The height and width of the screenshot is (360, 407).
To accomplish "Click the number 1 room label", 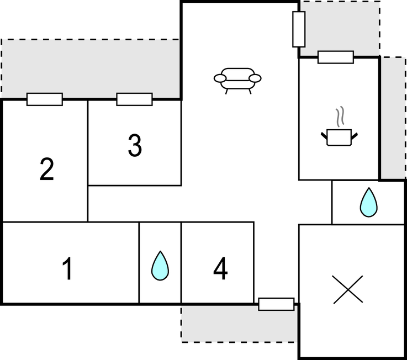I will point(67,269).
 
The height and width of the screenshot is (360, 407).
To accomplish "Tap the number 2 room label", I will point(47,170).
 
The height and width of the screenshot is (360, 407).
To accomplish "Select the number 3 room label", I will point(135,146).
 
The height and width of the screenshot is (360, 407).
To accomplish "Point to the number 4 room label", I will point(220,269).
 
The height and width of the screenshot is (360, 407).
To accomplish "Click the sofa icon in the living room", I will point(237,79).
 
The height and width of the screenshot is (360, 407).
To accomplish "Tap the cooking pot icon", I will point(339,136).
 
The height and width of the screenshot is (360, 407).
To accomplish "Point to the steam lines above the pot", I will point(341,116).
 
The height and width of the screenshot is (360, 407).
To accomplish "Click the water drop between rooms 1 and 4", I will point(160,266).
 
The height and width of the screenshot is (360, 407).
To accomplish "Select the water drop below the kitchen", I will point(368,202).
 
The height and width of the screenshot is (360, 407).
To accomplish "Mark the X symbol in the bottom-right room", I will point(348,289).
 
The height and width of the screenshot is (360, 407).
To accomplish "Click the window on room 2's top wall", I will point(45,99).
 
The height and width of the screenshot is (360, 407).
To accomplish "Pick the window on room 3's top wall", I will point(134,99).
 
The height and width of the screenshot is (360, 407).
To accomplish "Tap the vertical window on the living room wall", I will point(299,29).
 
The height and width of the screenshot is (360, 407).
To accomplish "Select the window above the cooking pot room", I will point(336,57).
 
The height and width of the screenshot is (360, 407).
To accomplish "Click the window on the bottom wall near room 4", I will point(276,304).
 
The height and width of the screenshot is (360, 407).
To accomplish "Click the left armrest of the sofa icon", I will point(220,79).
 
